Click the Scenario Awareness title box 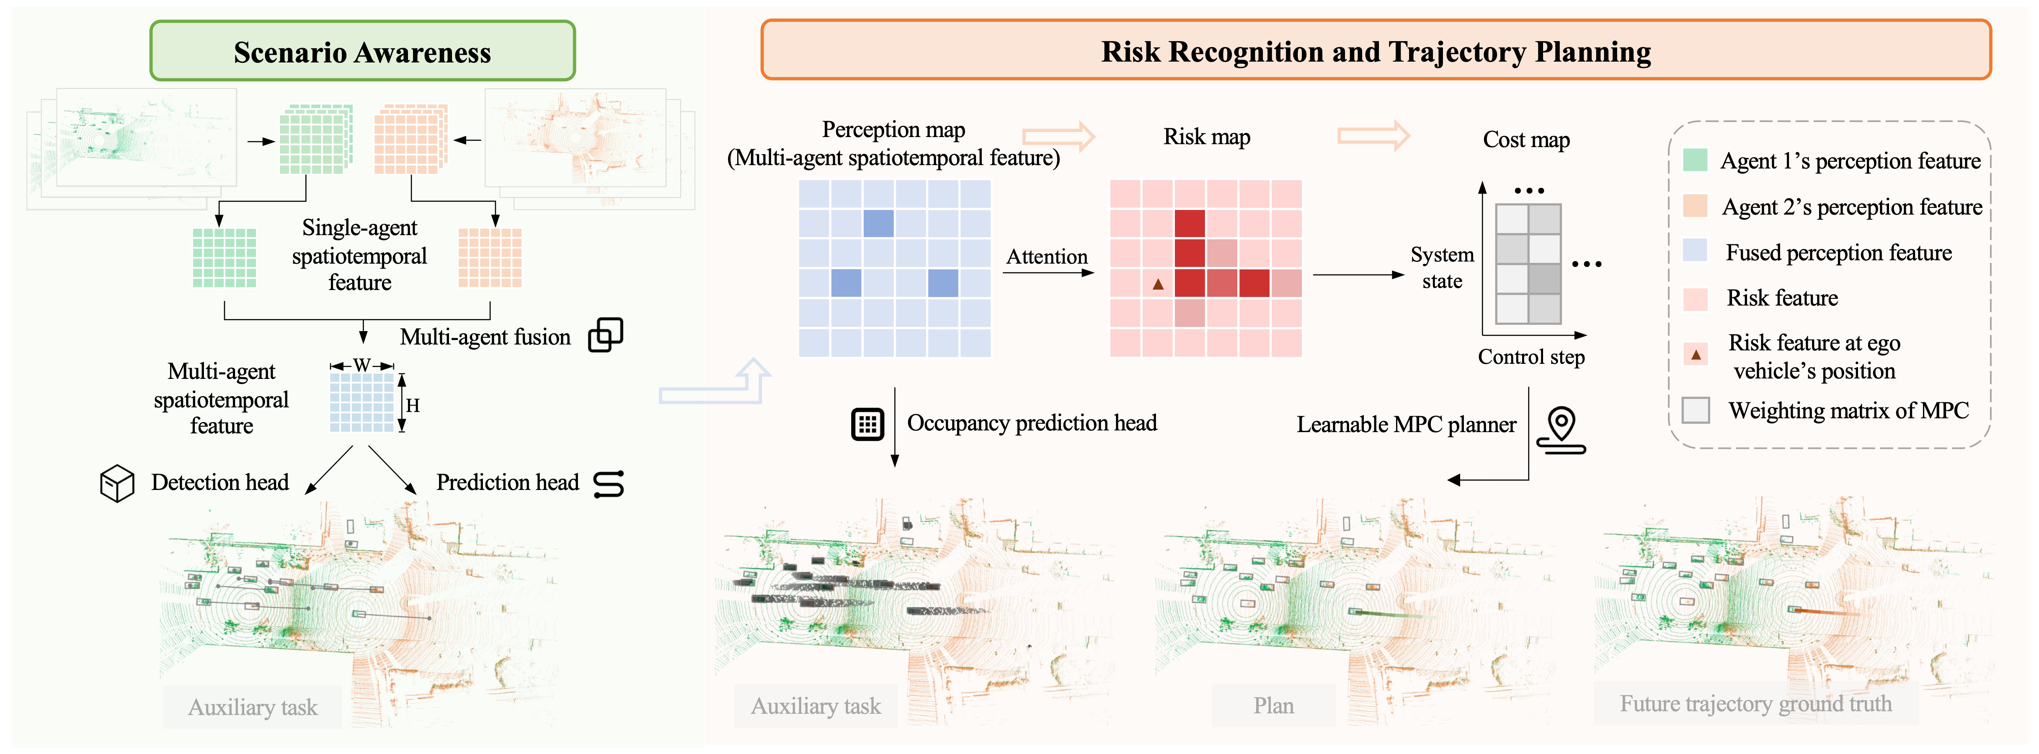tap(363, 52)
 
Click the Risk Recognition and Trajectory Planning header tap(1376, 51)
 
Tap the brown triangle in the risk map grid tap(1158, 284)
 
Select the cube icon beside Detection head tap(117, 482)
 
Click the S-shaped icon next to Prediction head tap(609, 483)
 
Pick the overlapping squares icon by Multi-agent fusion tap(606, 335)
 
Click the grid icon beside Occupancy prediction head tap(867, 425)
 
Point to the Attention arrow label tap(1046, 257)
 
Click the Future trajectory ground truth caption tap(1755, 703)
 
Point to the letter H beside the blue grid tap(413, 406)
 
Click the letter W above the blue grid tap(362, 365)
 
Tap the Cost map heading tap(1526, 140)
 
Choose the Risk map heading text tap(1206, 137)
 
